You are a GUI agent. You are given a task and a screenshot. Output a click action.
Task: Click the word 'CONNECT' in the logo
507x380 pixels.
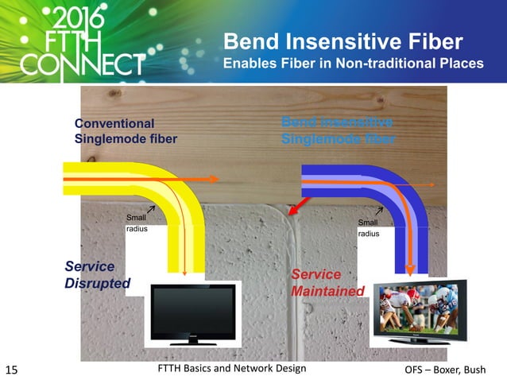[83, 64]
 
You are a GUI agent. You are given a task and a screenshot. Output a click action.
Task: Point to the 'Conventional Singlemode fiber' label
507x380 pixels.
[125, 131]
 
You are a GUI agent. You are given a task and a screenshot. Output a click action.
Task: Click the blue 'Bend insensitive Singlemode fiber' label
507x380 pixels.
[338, 130]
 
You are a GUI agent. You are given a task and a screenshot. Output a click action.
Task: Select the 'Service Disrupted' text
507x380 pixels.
[97, 275]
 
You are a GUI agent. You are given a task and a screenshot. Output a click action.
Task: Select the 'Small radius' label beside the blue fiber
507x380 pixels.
[368, 227]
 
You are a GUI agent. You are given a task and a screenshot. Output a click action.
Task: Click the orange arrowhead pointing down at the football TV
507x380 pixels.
[411, 267]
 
